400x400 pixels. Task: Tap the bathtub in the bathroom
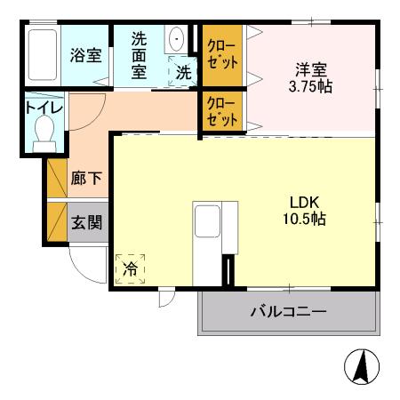point(41,57)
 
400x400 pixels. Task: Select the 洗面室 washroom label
point(140,55)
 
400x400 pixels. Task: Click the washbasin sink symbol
point(176,40)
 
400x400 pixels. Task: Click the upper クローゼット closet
point(222,55)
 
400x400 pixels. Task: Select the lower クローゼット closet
point(222,110)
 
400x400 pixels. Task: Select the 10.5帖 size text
point(299,219)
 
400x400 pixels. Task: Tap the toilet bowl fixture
point(42,134)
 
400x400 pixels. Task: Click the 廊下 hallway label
point(85,178)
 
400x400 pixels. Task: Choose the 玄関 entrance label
point(85,221)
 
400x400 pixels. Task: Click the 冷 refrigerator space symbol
point(130,267)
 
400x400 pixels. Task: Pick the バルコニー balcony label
point(287,312)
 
